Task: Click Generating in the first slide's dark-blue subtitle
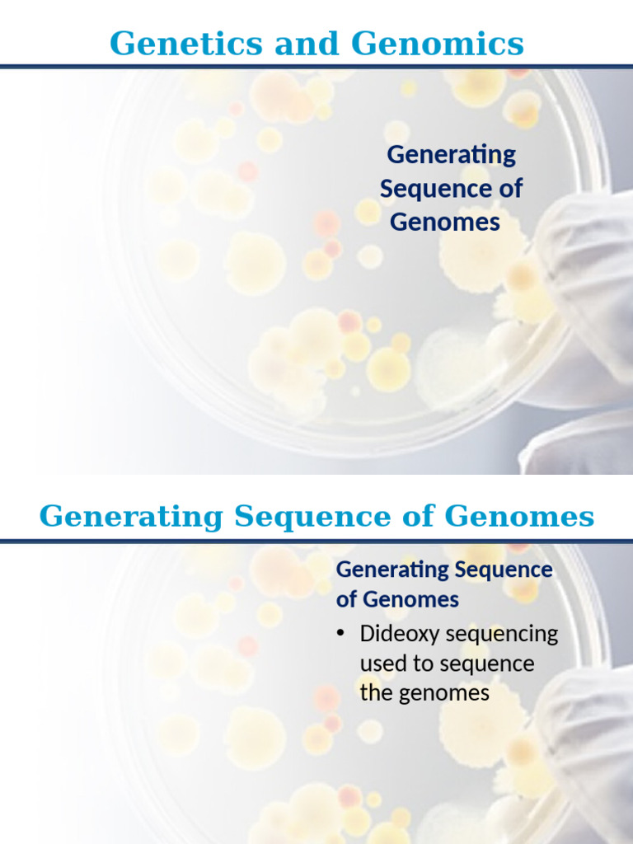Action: [x=451, y=155]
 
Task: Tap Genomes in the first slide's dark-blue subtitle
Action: [x=445, y=223]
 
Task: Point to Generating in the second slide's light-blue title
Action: [x=132, y=517]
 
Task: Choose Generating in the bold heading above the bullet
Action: [x=392, y=570]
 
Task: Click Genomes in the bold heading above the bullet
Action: [x=409, y=599]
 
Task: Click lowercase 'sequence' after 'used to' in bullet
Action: [x=490, y=664]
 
